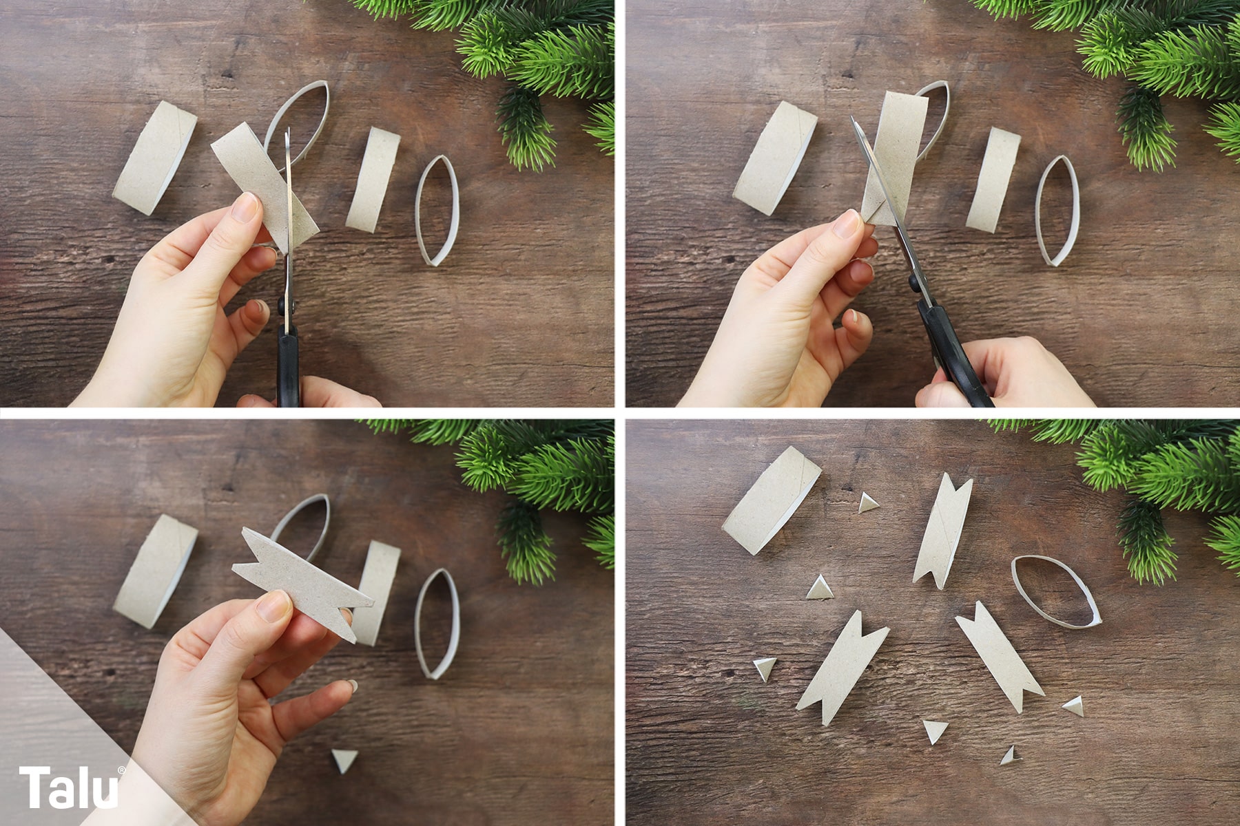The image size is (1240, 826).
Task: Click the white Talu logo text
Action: click(69, 788)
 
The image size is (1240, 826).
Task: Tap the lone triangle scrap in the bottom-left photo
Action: click(344, 760)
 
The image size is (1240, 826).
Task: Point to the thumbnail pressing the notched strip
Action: click(274, 606)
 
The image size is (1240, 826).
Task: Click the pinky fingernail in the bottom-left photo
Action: click(351, 686)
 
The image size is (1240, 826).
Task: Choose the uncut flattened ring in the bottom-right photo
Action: click(772, 500)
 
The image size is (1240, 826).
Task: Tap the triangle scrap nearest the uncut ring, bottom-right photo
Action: click(868, 502)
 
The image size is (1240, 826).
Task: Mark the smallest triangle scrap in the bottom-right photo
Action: click(1009, 755)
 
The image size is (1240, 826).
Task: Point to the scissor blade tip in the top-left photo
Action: click(287, 129)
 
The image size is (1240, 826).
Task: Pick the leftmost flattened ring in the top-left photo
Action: click(155, 158)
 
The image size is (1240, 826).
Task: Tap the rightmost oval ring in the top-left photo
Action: click(437, 211)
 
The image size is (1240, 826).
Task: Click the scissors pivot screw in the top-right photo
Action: click(913, 281)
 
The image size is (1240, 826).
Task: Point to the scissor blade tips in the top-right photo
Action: click(854, 121)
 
